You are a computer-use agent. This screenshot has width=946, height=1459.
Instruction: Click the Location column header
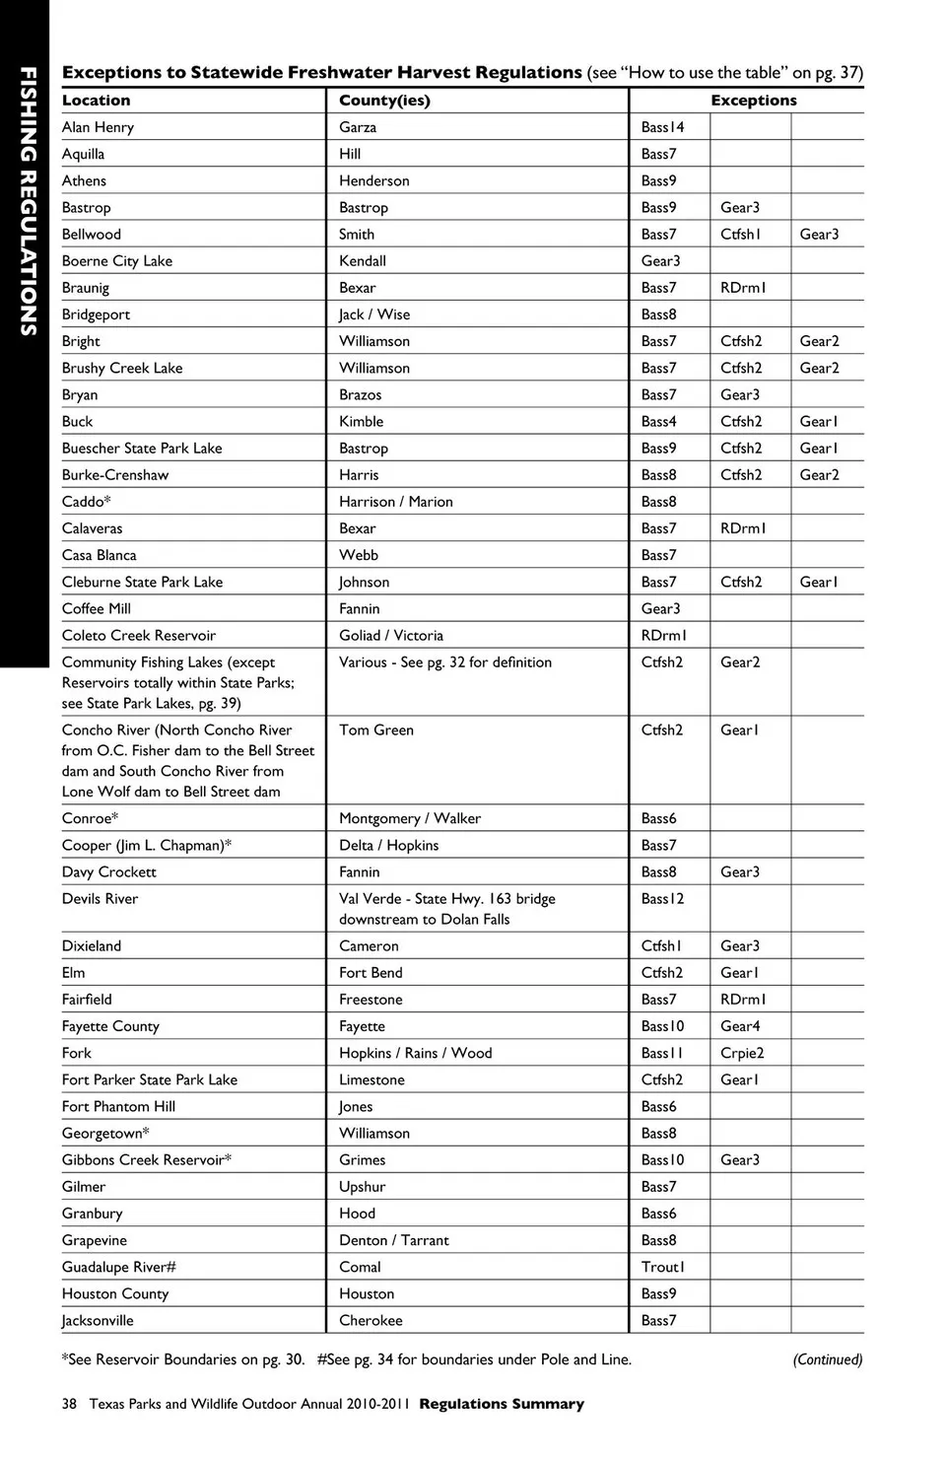[96, 101]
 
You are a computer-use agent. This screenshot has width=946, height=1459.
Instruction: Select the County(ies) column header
[384, 101]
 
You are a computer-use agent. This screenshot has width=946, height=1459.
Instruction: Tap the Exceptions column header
[754, 101]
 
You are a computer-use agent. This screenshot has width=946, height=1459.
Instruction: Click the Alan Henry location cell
[98, 127]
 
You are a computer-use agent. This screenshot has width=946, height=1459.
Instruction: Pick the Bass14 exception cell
[662, 127]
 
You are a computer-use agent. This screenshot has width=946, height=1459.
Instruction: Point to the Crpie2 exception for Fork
[742, 1053]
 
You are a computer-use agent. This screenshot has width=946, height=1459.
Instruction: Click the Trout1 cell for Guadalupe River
[662, 1267]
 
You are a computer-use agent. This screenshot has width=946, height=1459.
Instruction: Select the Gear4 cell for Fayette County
[740, 1026]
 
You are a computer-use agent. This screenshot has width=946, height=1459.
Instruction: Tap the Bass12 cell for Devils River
[662, 899]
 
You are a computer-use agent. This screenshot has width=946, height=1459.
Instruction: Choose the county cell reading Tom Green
[376, 730]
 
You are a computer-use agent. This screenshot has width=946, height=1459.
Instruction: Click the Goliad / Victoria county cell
[391, 636]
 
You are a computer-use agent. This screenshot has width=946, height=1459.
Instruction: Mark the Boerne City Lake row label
[117, 261]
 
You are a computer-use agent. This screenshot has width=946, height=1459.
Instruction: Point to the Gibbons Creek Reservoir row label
[147, 1160]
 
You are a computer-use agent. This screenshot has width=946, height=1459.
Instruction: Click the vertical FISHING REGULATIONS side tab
[28, 202]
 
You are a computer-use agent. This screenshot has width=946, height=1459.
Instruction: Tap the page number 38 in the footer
[69, 1404]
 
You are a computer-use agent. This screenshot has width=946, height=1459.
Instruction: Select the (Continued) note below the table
[827, 1359]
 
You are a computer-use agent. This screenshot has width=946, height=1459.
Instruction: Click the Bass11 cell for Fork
[662, 1053]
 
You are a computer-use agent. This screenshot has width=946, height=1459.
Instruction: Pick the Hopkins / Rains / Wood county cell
[415, 1053]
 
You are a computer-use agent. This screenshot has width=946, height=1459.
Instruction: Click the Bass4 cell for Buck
[658, 422]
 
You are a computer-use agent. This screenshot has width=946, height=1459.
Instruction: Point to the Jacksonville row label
[98, 1321]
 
